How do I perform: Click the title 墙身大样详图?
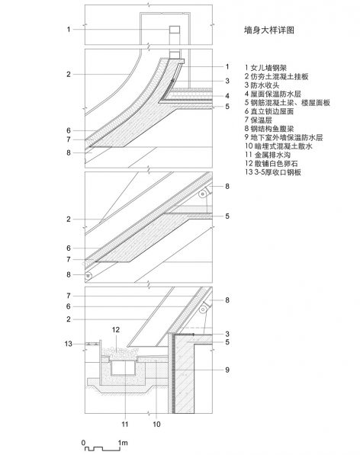(269, 30)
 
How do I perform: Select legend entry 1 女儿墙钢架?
(265, 68)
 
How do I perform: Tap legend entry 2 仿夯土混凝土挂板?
(276, 77)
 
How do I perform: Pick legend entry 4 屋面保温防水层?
(272, 94)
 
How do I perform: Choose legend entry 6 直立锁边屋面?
(269, 111)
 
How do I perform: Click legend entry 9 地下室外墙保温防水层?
(284, 137)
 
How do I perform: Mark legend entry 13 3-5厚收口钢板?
(273, 172)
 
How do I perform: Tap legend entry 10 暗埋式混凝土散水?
(278, 146)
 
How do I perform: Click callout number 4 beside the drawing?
(227, 96)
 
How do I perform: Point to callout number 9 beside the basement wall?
(227, 370)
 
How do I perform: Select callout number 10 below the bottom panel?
(156, 425)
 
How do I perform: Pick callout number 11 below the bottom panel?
(125, 425)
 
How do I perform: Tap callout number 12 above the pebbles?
(115, 330)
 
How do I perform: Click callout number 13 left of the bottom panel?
(68, 344)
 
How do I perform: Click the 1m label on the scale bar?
(123, 443)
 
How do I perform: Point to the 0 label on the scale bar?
(84, 443)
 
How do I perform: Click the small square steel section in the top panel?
(175, 30)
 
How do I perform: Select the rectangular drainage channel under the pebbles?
(124, 367)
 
